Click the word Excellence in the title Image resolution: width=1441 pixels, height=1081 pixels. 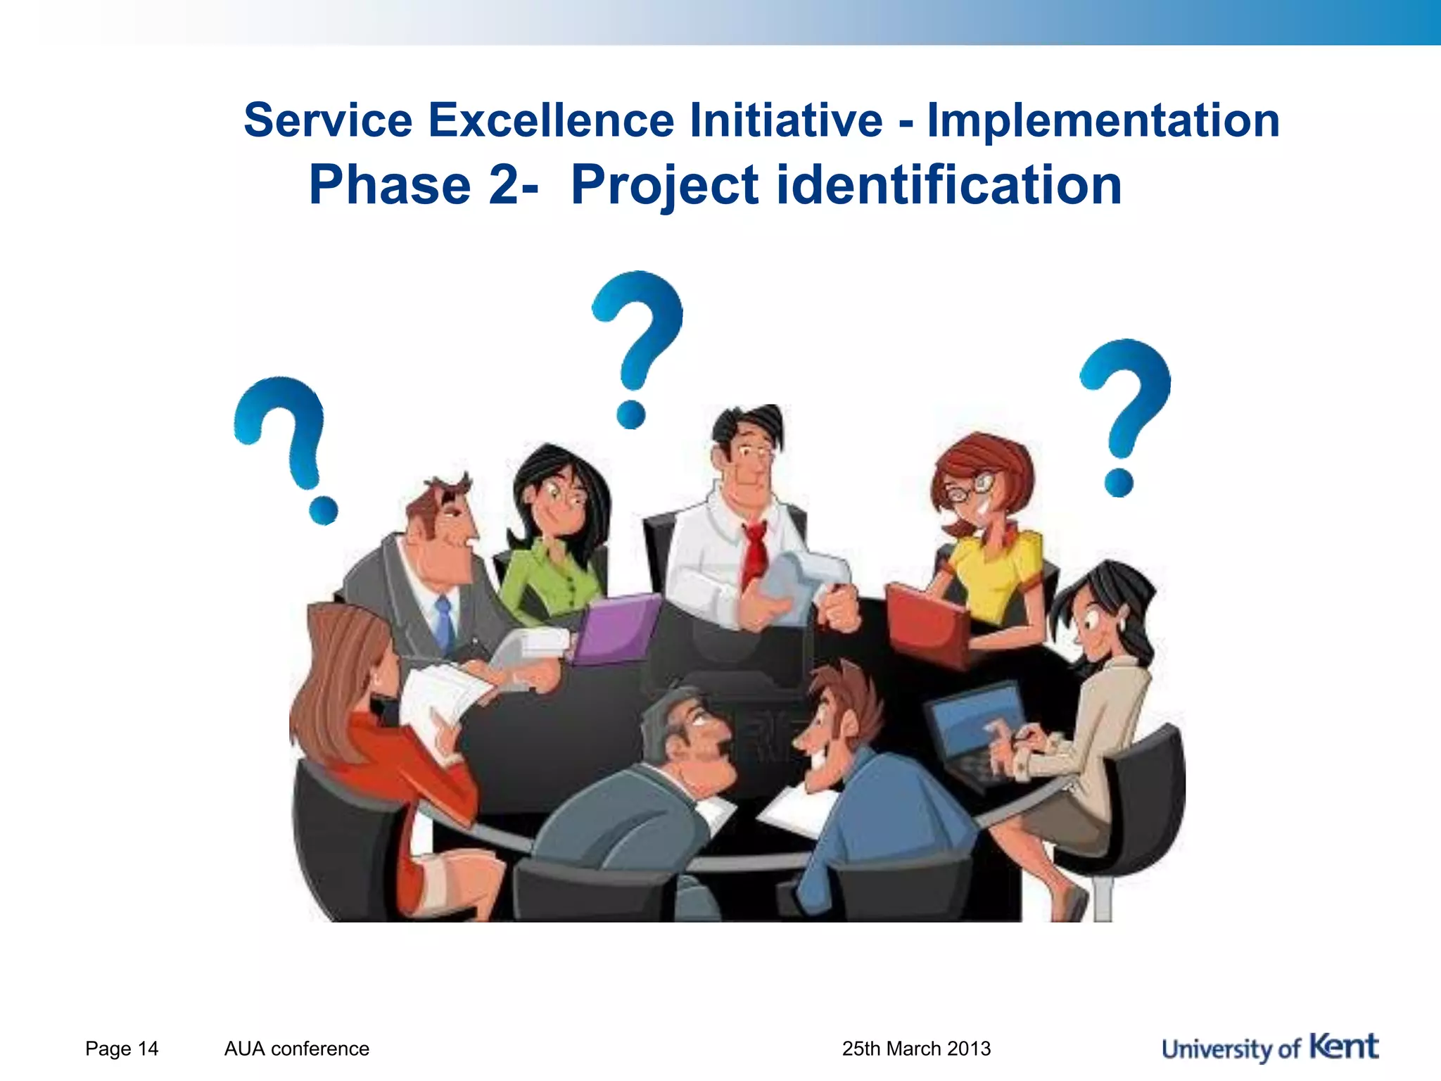(550, 120)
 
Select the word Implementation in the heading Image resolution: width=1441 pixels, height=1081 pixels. (1103, 120)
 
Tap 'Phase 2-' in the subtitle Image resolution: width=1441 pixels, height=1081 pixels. (423, 185)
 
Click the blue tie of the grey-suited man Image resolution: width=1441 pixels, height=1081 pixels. (443, 623)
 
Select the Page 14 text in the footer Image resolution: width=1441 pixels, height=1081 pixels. (122, 1049)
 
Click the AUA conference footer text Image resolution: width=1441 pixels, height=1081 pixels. (296, 1049)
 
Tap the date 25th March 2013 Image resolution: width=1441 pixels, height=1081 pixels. (916, 1049)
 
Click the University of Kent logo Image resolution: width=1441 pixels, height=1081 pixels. (1270, 1048)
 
